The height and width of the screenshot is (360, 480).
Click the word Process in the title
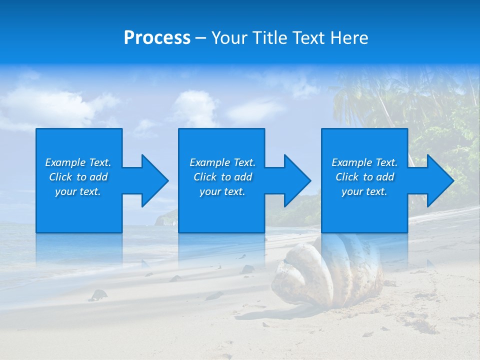[157, 38]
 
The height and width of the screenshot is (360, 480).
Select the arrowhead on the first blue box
[150, 180]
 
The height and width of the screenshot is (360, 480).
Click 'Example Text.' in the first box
[78, 162]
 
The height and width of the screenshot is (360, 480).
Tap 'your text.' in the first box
[78, 191]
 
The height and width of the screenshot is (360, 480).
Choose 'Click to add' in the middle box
[222, 177]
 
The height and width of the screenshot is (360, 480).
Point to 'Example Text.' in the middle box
[222, 162]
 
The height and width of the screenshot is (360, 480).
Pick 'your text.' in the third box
[364, 191]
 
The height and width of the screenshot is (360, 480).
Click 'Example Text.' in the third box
[364, 162]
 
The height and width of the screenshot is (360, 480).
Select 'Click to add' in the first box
[78, 177]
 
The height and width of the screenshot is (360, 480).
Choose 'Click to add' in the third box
[364, 177]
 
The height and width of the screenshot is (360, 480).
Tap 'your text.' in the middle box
[222, 191]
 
